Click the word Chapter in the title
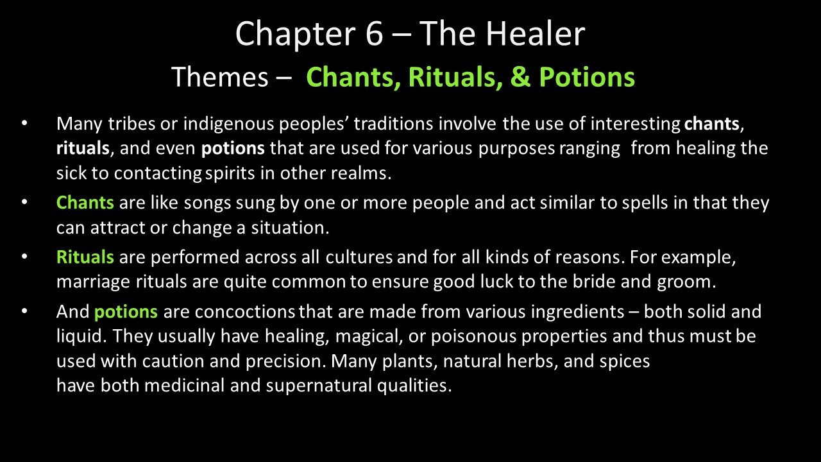[296, 35]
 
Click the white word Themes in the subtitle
[220, 77]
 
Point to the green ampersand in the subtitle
[520, 77]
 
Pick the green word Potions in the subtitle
[587, 77]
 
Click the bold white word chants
[711, 124]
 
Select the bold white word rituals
[83, 148]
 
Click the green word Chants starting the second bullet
[85, 203]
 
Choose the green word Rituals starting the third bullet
[85, 257]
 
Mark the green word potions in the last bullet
[126, 312]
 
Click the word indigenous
[229, 124]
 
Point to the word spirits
[230, 174]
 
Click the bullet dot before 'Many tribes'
[24, 123]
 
